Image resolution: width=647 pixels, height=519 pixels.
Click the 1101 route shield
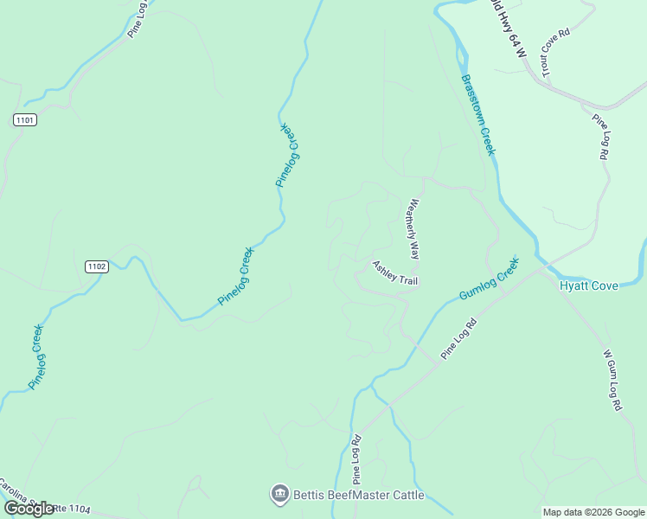(25, 120)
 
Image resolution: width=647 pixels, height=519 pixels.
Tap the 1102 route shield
(97, 266)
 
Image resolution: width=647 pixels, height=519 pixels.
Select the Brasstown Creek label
(478, 114)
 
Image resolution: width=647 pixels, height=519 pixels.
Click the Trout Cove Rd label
(555, 53)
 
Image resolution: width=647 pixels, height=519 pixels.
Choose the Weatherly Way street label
(414, 230)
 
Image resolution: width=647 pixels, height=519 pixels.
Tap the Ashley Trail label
(395, 272)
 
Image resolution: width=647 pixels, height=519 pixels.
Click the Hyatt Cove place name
(589, 285)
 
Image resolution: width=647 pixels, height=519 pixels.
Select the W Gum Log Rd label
(612, 380)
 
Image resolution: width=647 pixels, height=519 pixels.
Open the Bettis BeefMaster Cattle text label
(359, 495)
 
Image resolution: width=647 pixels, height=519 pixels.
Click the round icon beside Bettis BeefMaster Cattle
(279, 495)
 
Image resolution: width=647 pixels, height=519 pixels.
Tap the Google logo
(29, 509)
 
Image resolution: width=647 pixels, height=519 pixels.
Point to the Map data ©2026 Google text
(593, 512)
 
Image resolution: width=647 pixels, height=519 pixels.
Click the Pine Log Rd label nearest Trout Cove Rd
(599, 137)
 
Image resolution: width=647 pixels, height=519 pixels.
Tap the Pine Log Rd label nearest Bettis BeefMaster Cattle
(356, 458)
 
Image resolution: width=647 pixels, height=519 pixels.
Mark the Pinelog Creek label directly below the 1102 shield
(37, 356)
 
